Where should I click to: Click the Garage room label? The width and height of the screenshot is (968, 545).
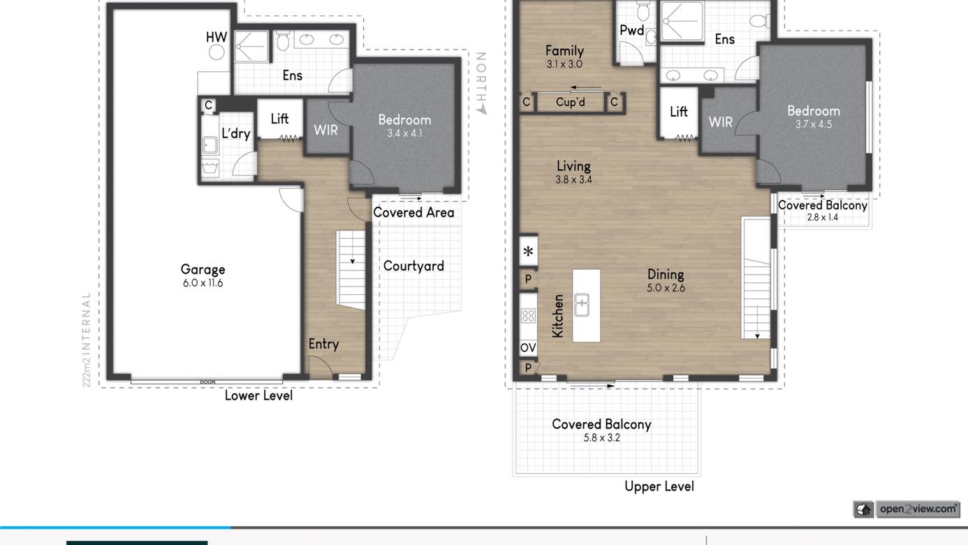tap(203, 269)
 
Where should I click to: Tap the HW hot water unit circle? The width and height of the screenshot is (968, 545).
tap(217, 52)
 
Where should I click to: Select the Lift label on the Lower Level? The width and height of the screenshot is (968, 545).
tap(279, 118)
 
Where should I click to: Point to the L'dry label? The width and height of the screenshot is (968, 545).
tap(236, 133)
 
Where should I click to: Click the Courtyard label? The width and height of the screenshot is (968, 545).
tap(413, 266)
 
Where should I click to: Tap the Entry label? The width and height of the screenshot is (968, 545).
tap(323, 344)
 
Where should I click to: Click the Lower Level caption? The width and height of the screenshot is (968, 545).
tap(258, 395)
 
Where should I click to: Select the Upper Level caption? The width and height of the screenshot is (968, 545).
tap(659, 486)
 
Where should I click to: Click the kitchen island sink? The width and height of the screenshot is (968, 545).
tap(582, 305)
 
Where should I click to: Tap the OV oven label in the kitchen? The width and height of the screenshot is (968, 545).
tap(528, 347)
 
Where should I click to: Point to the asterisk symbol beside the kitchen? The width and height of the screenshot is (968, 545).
tap(528, 251)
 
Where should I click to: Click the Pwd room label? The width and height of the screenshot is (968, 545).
tap(632, 30)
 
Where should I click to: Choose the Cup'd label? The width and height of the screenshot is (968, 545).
tap(571, 102)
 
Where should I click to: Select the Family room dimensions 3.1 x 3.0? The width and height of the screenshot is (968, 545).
tap(564, 64)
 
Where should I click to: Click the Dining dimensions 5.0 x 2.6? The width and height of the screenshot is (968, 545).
tap(666, 288)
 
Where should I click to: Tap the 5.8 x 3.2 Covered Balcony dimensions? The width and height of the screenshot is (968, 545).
tap(601, 438)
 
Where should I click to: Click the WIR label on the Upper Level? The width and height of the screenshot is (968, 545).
tap(720, 122)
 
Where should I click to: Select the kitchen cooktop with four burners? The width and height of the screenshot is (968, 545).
tap(528, 316)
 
